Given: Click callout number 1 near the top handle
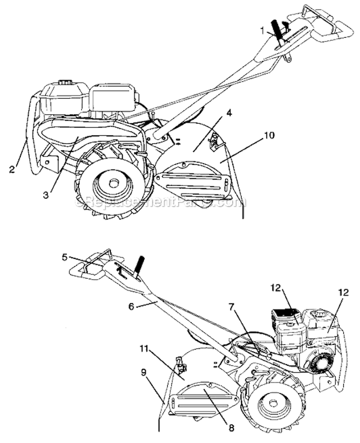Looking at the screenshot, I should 263,30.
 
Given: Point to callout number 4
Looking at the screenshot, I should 229,115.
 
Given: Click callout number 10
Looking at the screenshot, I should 269,136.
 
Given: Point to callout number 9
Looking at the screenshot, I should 144,372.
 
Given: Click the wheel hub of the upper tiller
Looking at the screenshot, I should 113,184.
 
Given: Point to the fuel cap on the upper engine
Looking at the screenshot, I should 65,84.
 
